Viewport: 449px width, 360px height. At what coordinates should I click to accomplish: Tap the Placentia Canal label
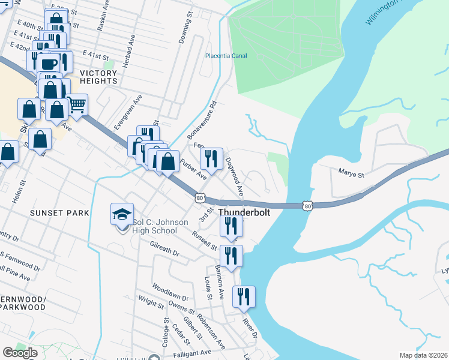(226, 56)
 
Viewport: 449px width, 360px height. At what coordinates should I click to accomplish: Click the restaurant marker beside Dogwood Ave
(211, 158)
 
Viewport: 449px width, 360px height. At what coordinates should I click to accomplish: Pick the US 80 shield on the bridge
(307, 206)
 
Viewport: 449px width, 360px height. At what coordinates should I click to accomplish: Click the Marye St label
(353, 175)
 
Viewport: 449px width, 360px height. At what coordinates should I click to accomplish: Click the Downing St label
(184, 37)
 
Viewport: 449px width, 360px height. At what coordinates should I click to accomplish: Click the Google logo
(20, 353)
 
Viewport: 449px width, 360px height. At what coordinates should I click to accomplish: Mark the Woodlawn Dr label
(170, 293)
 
